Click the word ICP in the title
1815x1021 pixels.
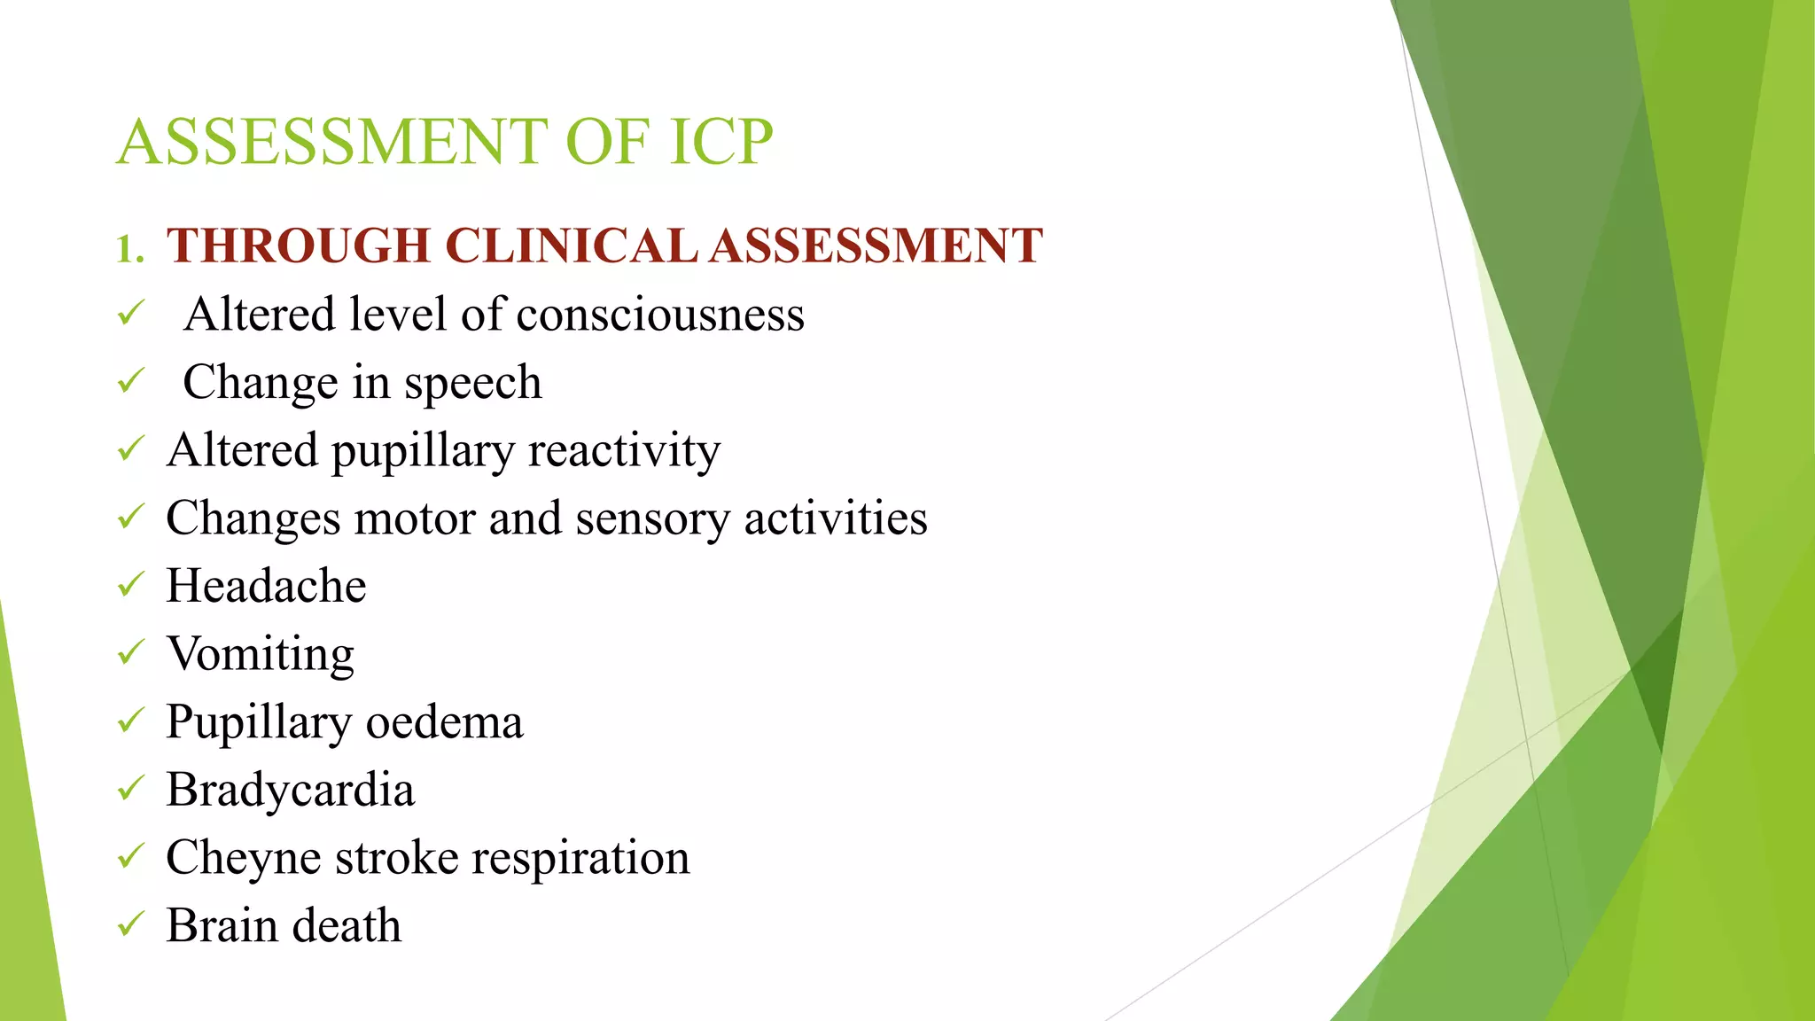pos(721,142)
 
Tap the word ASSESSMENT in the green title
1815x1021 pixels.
pos(332,142)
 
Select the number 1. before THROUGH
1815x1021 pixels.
pos(129,249)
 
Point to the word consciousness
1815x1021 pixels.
pos(659,315)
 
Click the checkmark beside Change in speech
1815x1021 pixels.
pos(130,381)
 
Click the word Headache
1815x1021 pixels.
pos(266,586)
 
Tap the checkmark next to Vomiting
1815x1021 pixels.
pos(130,652)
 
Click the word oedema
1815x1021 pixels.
pos(444,722)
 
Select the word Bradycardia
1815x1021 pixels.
pos(290,791)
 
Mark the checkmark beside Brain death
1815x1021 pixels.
pos(130,924)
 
